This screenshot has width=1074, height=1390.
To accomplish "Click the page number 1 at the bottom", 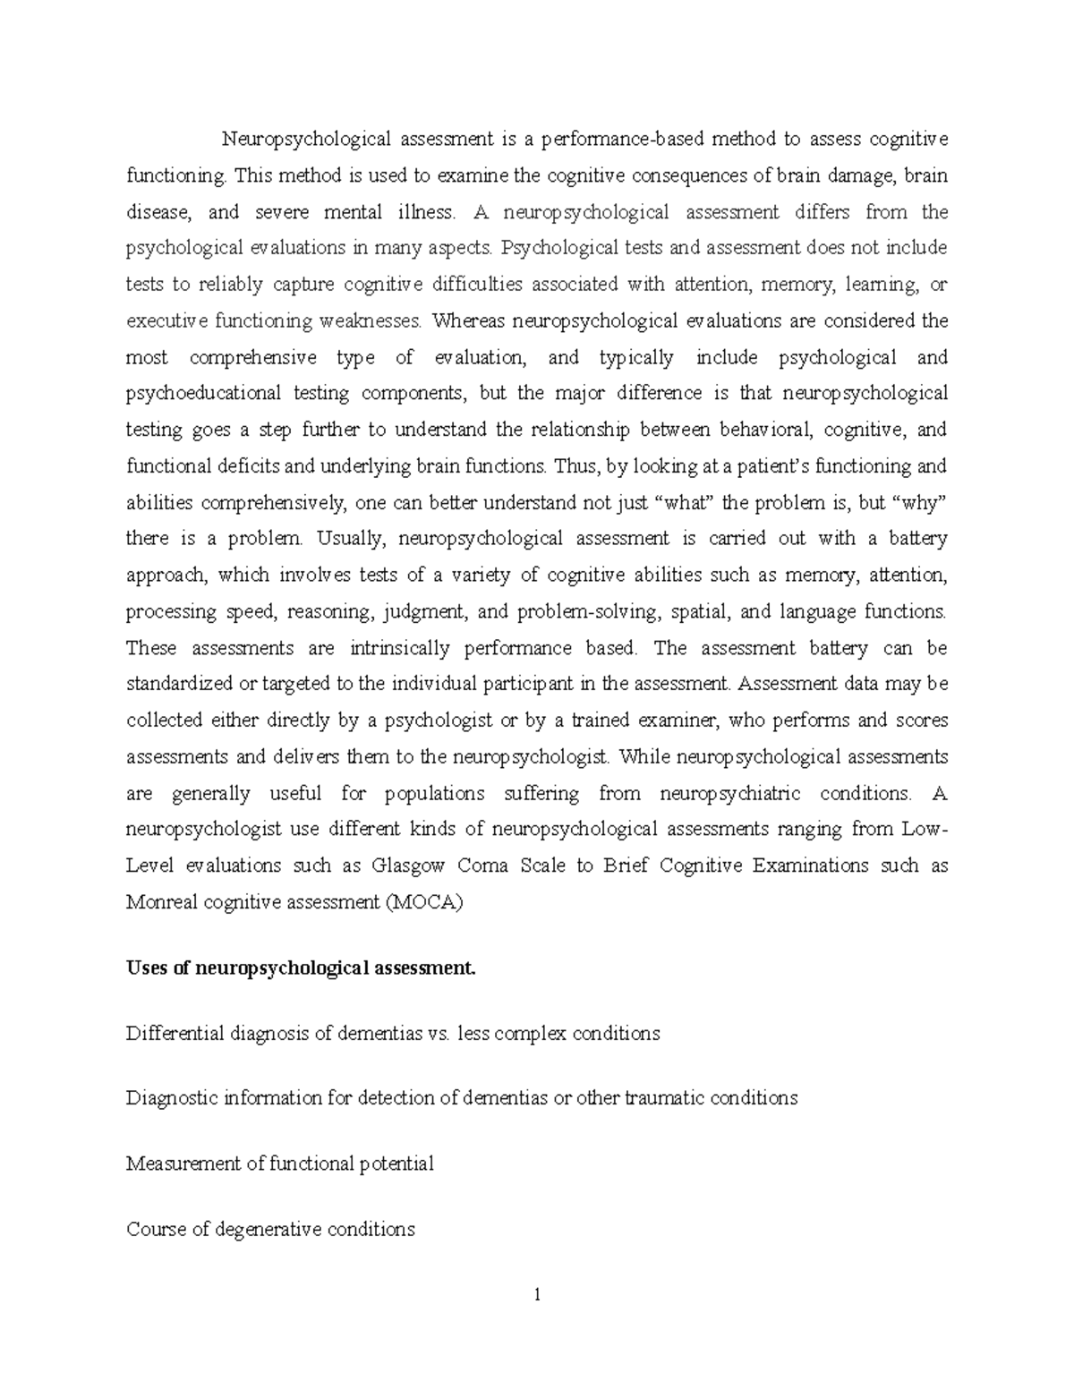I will (537, 1294).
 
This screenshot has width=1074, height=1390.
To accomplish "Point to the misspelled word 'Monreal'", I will (163, 902).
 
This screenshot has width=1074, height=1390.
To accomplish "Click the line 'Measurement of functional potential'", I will (280, 1164).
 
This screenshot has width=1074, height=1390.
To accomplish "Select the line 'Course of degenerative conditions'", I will (270, 1229).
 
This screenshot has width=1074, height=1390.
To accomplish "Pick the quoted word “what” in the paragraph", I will (686, 502).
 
